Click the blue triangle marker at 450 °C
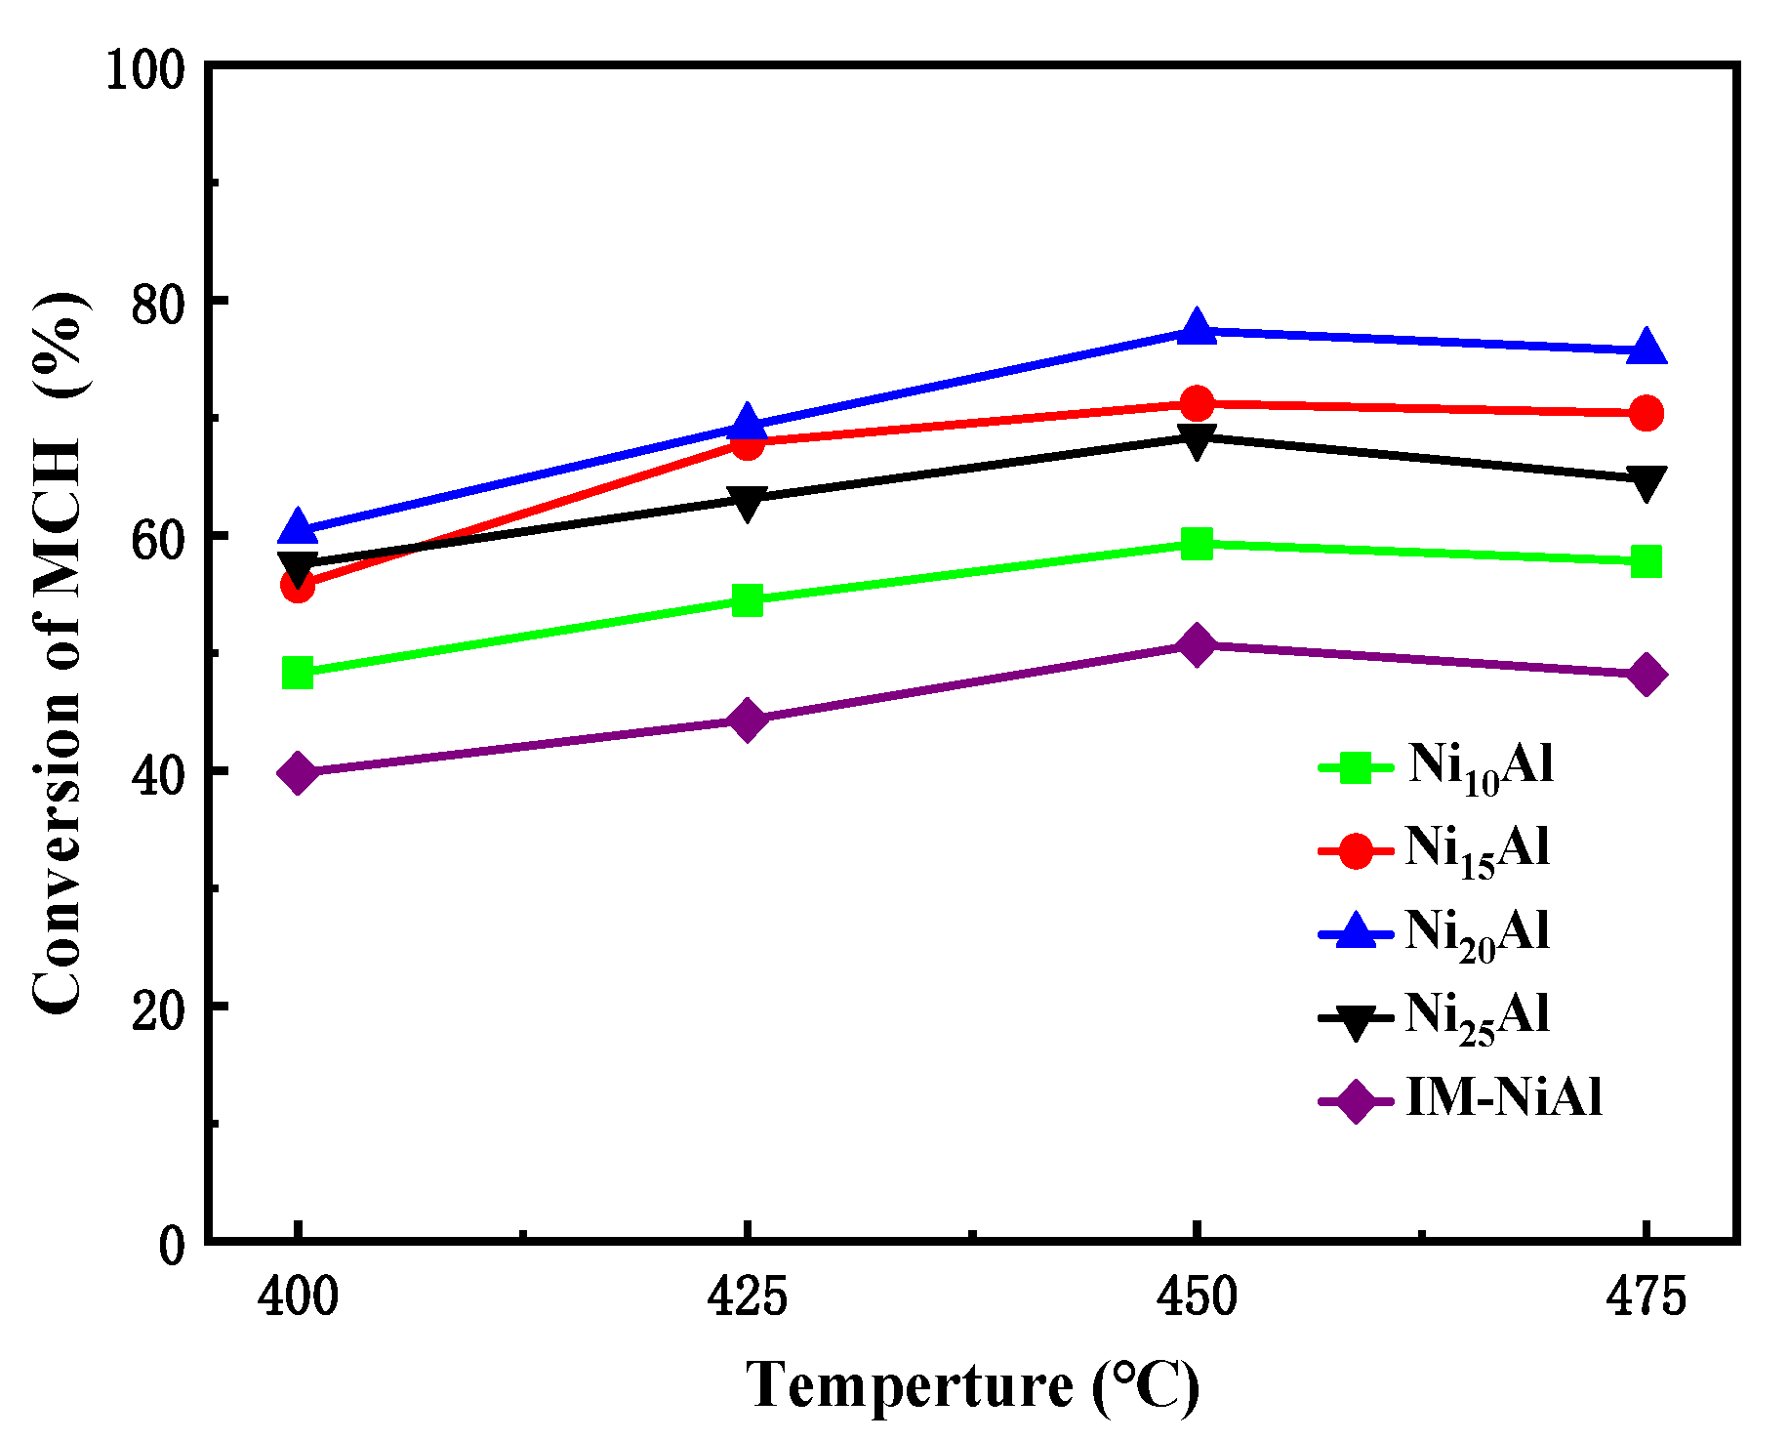(x=1197, y=329)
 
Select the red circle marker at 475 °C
(x=1647, y=413)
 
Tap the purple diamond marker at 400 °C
(x=298, y=773)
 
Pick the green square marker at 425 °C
(x=747, y=600)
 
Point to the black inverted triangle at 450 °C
(x=1197, y=440)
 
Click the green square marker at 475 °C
(x=1647, y=561)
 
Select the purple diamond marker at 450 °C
(x=1197, y=644)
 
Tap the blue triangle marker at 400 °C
(x=298, y=528)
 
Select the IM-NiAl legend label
(x=1503, y=1097)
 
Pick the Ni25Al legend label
(x=1477, y=1016)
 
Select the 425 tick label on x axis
(x=747, y=1297)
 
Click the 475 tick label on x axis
(x=1647, y=1297)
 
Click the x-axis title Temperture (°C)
(x=972, y=1384)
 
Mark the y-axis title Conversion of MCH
(x=59, y=654)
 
